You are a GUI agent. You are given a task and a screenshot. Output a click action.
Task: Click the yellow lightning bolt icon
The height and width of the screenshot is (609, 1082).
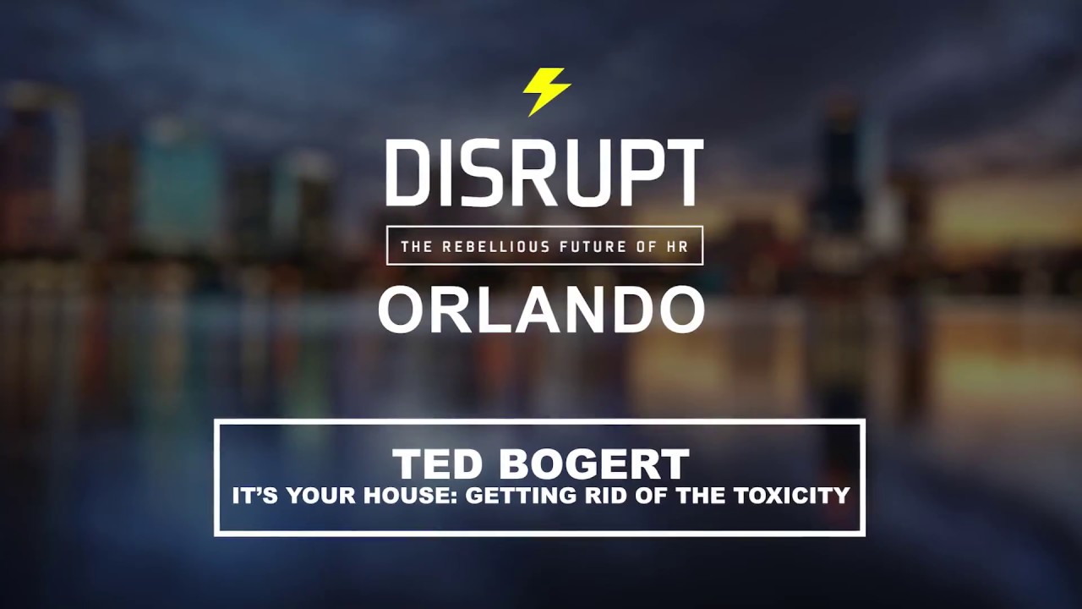pyautogui.click(x=546, y=91)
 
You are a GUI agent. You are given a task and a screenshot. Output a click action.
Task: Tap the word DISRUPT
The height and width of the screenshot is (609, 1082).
pyautogui.click(x=544, y=173)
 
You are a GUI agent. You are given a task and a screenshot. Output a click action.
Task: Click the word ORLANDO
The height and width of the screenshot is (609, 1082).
pyautogui.click(x=541, y=310)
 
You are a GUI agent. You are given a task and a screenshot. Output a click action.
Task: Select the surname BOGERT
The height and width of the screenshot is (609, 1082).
pyautogui.click(x=593, y=464)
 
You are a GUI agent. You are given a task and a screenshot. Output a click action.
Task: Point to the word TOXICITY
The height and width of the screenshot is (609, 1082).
pyautogui.click(x=791, y=496)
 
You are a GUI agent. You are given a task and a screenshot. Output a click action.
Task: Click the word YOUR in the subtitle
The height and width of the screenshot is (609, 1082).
pyautogui.click(x=325, y=496)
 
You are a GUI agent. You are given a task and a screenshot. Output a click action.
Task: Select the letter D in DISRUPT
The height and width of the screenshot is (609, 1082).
pyautogui.click(x=404, y=173)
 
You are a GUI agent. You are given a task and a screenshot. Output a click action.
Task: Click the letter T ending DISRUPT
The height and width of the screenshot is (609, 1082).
pyautogui.click(x=683, y=173)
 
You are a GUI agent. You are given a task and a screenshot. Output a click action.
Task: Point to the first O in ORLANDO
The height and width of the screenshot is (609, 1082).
pyautogui.click(x=402, y=310)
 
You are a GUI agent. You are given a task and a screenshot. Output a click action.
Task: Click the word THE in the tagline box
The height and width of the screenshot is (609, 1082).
pyautogui.click(x=418, y=247)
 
